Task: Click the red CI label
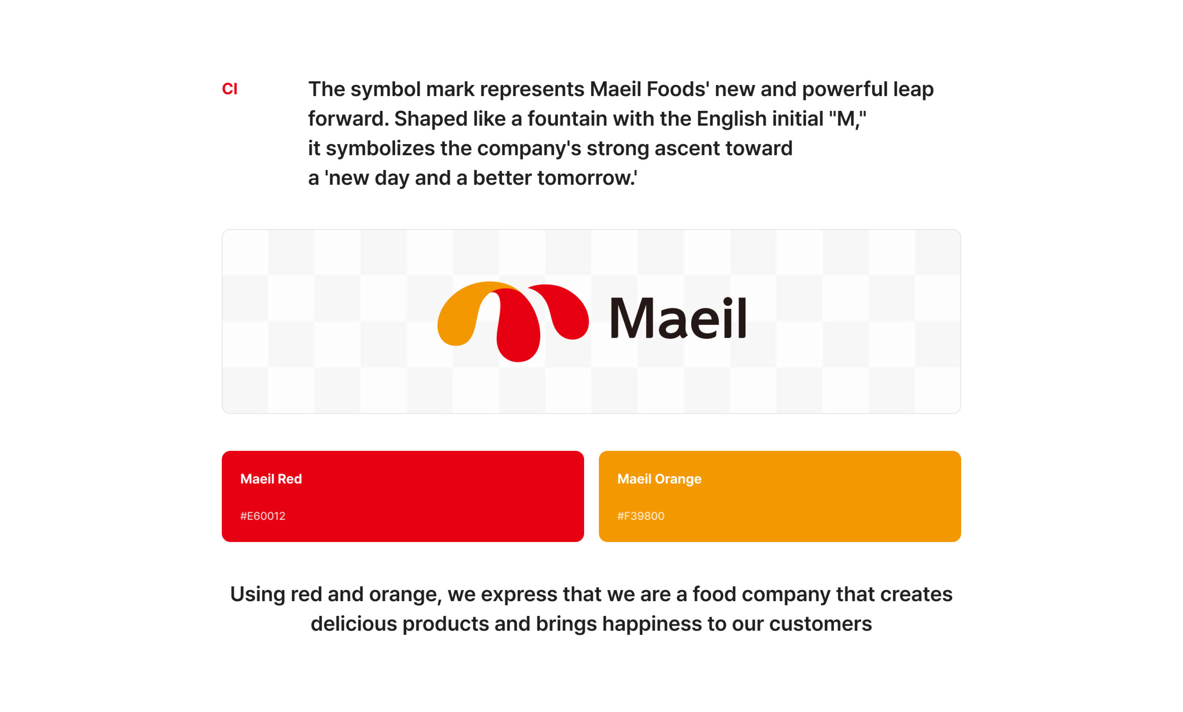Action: click(229, 89)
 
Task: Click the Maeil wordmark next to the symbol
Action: click(678, 317)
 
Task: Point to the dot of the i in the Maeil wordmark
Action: click(728, 301)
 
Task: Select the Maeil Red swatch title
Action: click(271, 479)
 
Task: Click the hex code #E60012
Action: click(263, 516)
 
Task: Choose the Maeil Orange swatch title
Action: click(659, 479)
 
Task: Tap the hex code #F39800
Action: click(641, 516)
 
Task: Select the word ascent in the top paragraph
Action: click(687, 149)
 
